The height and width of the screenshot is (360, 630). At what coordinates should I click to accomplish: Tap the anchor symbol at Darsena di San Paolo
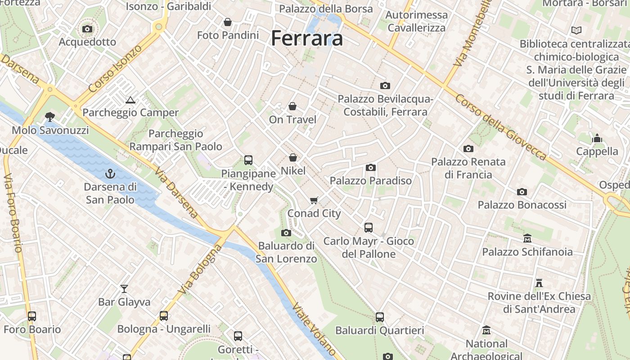[110, 173]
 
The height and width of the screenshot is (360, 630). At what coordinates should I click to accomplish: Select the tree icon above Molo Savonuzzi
[50, 117]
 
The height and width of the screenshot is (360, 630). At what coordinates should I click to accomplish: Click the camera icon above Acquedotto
[87, 29]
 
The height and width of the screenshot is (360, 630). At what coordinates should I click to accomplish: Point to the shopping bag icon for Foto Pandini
[228, 22]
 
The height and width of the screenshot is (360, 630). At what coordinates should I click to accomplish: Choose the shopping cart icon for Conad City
[314, 200]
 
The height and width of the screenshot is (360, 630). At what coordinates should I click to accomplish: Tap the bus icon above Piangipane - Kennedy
[248, 160]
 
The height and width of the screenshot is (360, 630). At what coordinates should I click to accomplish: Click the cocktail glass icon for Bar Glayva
[124, 288]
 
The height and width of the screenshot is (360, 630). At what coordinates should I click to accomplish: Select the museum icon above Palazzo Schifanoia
[527, 238]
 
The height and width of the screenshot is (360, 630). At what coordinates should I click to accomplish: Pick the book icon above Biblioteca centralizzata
[576, 31]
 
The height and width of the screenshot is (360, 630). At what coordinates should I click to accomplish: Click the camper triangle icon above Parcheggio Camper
[130, 100]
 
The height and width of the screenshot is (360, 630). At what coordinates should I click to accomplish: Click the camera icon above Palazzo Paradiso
[370, 168]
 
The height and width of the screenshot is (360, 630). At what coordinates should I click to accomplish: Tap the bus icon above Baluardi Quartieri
[379, 317]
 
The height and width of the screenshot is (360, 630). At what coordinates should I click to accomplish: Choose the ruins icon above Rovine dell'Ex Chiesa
[539, 283]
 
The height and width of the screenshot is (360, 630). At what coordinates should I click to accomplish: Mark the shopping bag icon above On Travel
[292, 106]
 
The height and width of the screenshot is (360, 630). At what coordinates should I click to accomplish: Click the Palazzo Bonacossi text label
[522, 205]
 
